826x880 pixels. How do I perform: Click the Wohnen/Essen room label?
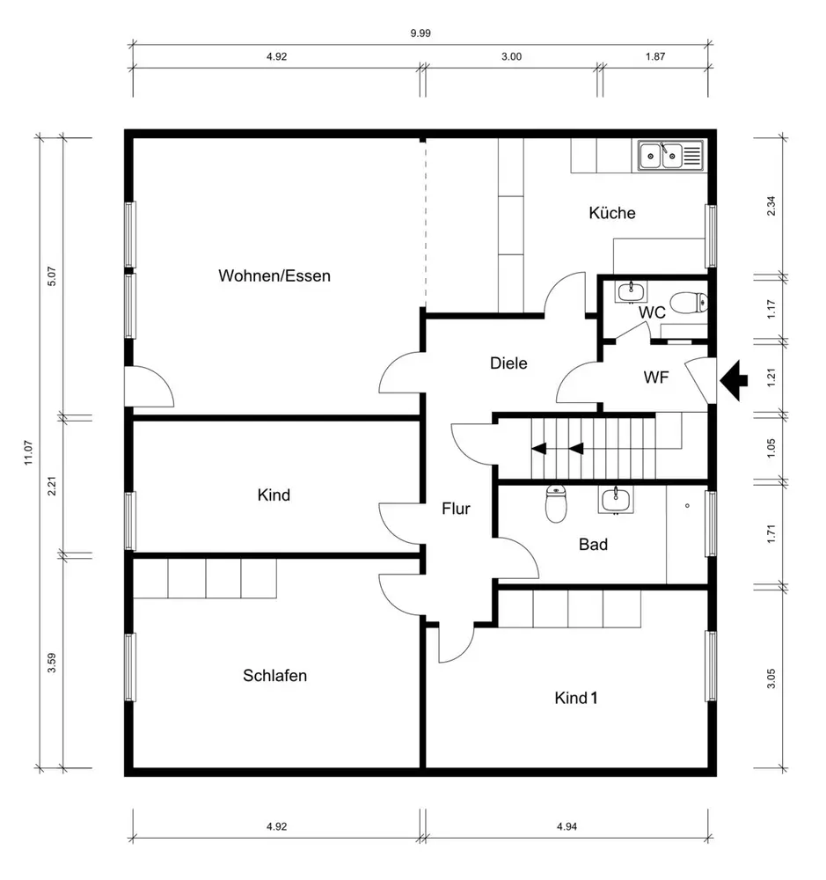pos(274,275)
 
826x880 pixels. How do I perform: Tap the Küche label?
pos(612,213)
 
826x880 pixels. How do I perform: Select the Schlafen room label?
pos(275,675)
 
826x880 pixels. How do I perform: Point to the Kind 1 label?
pos(575,698)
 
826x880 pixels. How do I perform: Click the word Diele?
pos(508,363)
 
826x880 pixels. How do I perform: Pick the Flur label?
pos(456,509)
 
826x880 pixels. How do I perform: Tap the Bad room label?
pos(593,545)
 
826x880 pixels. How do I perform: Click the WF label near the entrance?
pos(656,378)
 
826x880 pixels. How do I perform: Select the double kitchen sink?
pos(670,156)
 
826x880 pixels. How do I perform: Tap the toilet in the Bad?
pos(556,503)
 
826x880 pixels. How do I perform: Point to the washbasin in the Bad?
pos(616,500)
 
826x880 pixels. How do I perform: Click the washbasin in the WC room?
pos(632,292)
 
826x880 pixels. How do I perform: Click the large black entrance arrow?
pos(734,380)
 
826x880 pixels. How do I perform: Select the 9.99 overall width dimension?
pos(420,33)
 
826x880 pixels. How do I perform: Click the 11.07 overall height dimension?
pos(29,452)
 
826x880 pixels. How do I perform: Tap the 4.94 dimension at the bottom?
pos(567,826)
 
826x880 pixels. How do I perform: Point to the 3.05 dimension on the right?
pos(771,678)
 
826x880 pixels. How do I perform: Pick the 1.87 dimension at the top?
pos(654,56)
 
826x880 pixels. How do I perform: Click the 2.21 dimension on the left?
pos(52,486)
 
